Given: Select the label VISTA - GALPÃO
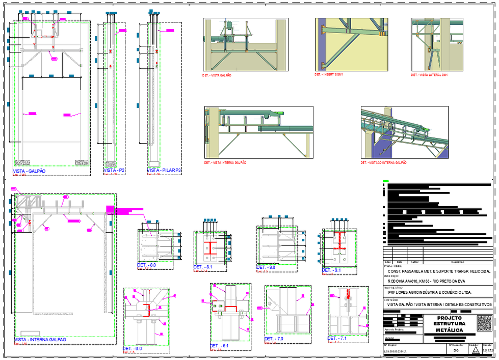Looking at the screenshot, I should pos(29,171).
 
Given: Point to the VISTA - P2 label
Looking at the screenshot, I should pos(114,170).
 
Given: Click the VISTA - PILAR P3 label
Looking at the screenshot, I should pos(164,170).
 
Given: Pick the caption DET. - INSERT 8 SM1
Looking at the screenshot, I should pos(329,74).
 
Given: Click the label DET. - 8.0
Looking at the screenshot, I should pos(146,265).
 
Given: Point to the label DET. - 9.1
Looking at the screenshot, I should pos(331,270).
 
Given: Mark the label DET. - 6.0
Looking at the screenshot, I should pos(132,349).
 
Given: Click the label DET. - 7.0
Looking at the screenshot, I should pos(274,339).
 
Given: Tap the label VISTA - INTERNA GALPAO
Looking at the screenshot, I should pos(40,340).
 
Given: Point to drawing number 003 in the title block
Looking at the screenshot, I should pos(456,351).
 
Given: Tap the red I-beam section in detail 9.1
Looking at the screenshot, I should pos(338,242).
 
